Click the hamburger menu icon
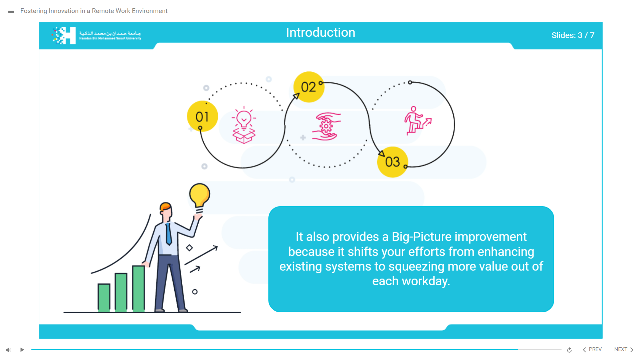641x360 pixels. pyautogui.click(x=11, y=11)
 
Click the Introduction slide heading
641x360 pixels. pyautogui.click(x=320, y=32)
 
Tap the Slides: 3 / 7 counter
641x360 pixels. pyautogui.click(x=573, y=35)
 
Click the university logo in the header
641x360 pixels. pyautogui.click(x=96, y=35)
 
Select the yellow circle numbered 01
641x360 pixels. pyautogui.click(x=202, y=116)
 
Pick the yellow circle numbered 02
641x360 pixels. pyautogui.click(x=309, y=87)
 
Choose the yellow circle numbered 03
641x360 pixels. pyautogui.click(x=393, y=162)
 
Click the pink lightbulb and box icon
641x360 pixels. pyautogui.click(x=244, y=125)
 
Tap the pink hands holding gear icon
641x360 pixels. pyautogui.click(x=326, y=126)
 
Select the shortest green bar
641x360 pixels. pyautogui.click(x=104, y=298)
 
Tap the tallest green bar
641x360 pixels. pyautogui.click(x=139, y=289)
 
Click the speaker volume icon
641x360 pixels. pyautogui.click(x=8, y=350)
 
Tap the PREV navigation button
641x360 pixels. pyautogui.click(x=592, y=349)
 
